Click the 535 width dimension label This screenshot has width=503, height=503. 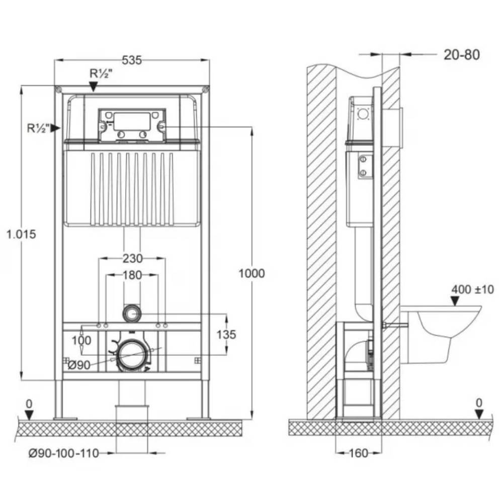[132, 60]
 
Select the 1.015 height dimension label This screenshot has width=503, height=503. [21, 234]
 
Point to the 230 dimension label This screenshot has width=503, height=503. [132, 259]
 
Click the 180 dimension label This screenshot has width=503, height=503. [132, 275]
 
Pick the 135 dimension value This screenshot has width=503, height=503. [225, 334]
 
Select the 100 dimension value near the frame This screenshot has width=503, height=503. [81, 341]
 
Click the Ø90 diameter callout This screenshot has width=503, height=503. [78, 366]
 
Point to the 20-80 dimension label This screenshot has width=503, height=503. [461, 54]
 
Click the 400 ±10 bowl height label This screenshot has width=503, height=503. [472, 289]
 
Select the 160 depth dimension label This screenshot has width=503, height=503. [358, 453]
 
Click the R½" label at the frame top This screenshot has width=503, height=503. [101, 73]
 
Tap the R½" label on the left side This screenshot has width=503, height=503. [38, 128]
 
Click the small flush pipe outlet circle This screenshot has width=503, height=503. [132, 313]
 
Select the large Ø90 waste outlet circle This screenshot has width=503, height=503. [132, 355]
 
